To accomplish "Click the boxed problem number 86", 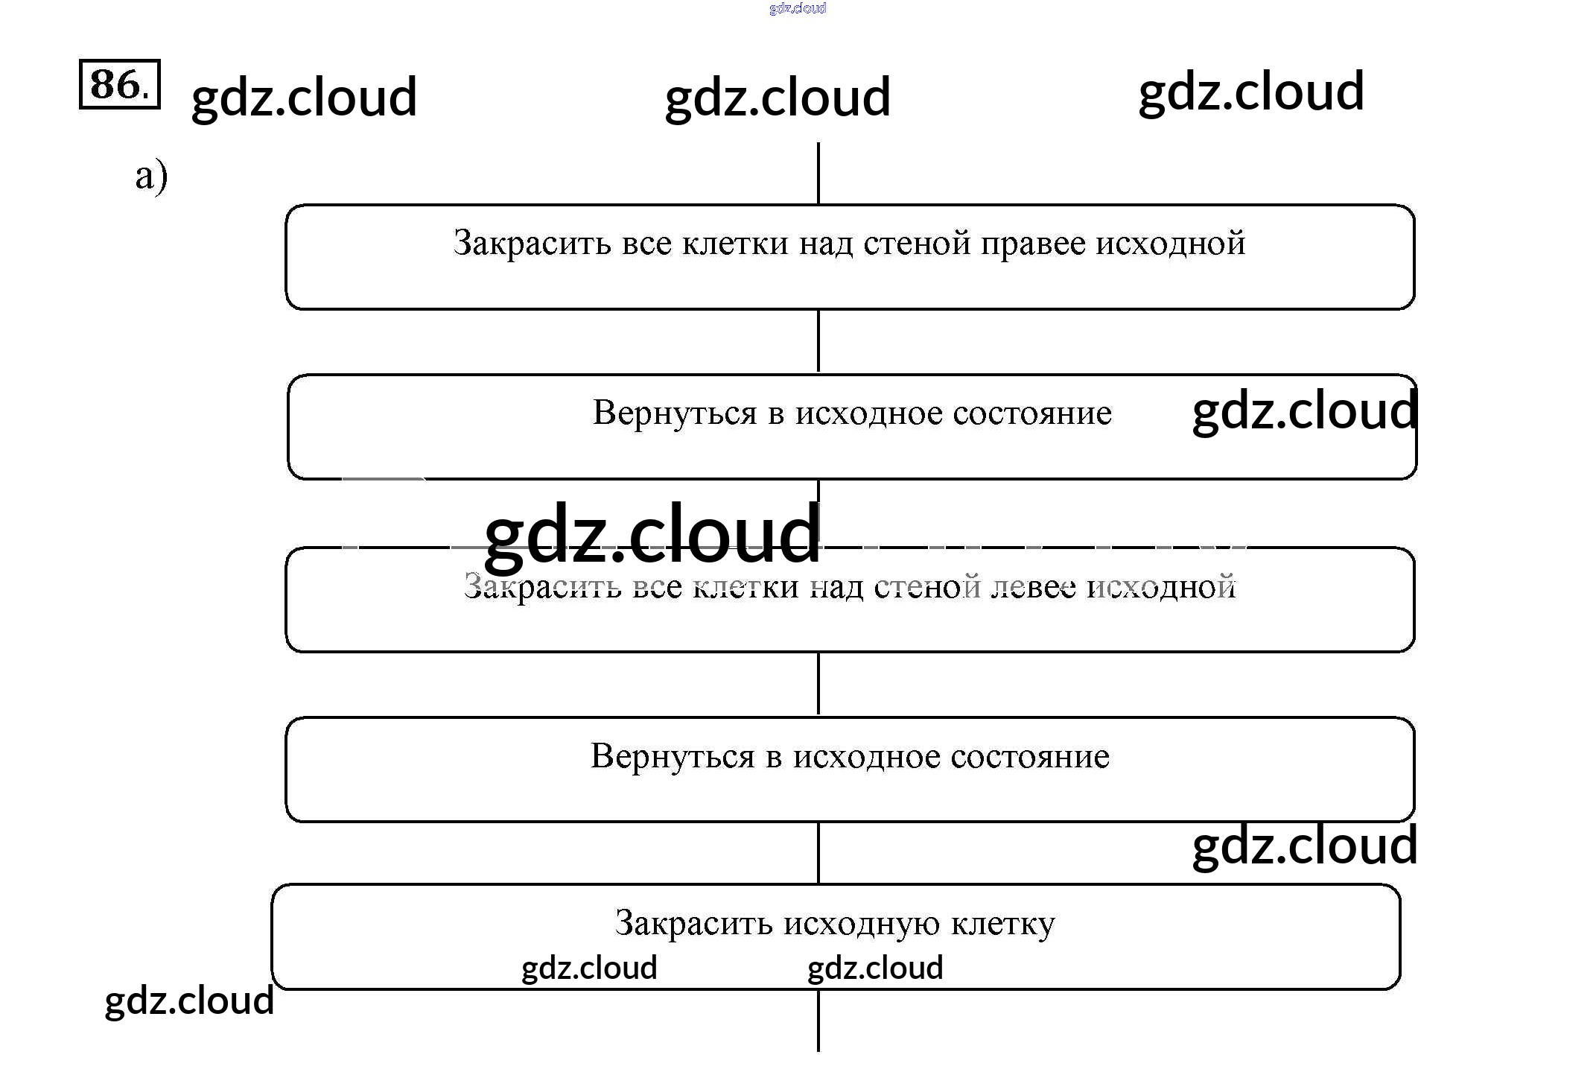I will click(x=119, y=84).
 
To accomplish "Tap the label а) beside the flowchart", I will click(x=151, y=177).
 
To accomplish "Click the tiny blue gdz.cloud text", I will click(x=797, y=8).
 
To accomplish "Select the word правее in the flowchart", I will click(x=1033, y=244).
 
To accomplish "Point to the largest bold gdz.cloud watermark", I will click(x=652, y=533).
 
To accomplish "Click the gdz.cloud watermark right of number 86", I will click(x=304, y=97).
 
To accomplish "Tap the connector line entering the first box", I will click(x=818, y=173).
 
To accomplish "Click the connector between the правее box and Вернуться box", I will click(x=818, y=341).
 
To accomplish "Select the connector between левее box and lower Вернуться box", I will click(x=818, y=684).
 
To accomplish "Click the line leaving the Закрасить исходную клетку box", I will click(x=818, y=1021).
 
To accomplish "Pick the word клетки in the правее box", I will click(x=735, y=244).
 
